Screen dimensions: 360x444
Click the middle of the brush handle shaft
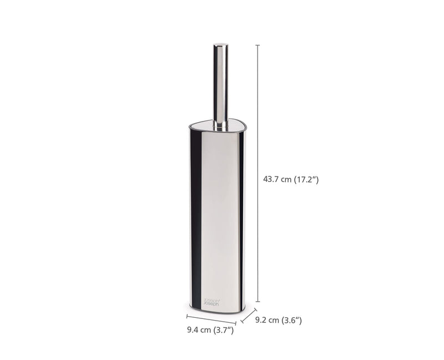pos(220,83)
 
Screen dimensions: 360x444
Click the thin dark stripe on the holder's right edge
pos(240,222)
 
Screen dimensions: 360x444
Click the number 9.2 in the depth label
pos(261,320)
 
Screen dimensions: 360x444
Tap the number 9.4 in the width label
pos(193,331)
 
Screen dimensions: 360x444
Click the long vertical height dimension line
pos(257,166)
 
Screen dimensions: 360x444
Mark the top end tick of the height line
pos(257,45)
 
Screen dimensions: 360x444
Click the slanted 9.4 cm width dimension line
pos(211,320)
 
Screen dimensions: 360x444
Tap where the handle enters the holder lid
pos(220,126)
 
